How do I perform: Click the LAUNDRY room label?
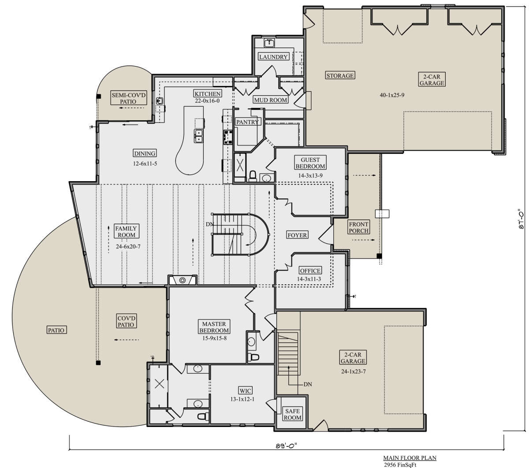[273, 57]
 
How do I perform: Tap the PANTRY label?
[247, 122]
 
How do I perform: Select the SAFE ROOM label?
[292, 414]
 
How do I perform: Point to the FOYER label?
[297, 235]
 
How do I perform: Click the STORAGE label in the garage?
[340, 75]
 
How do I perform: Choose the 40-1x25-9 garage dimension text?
[392, 95]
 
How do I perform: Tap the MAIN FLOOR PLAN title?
[410, 458]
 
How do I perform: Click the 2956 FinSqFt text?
[400, 464]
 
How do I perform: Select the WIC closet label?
[245, 391]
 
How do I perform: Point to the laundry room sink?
[268, 43]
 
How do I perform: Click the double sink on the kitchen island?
[198, 136]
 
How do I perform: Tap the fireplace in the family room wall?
[183, 280]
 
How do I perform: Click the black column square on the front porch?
[379, 256]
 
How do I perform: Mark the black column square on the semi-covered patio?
[98, 97]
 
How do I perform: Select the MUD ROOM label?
[271, 100]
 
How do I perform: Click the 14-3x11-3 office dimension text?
[309, 279]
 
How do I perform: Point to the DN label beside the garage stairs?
[308, 384]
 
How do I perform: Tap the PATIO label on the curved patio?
[56, 330]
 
